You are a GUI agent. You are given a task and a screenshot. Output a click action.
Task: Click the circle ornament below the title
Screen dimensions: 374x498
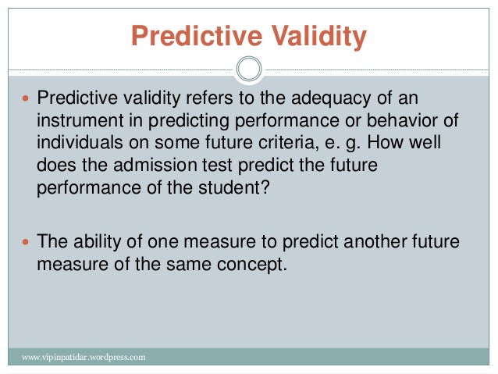[x=248, y=69]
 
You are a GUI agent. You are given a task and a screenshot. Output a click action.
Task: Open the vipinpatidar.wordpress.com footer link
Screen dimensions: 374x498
[x=84, y=358]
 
